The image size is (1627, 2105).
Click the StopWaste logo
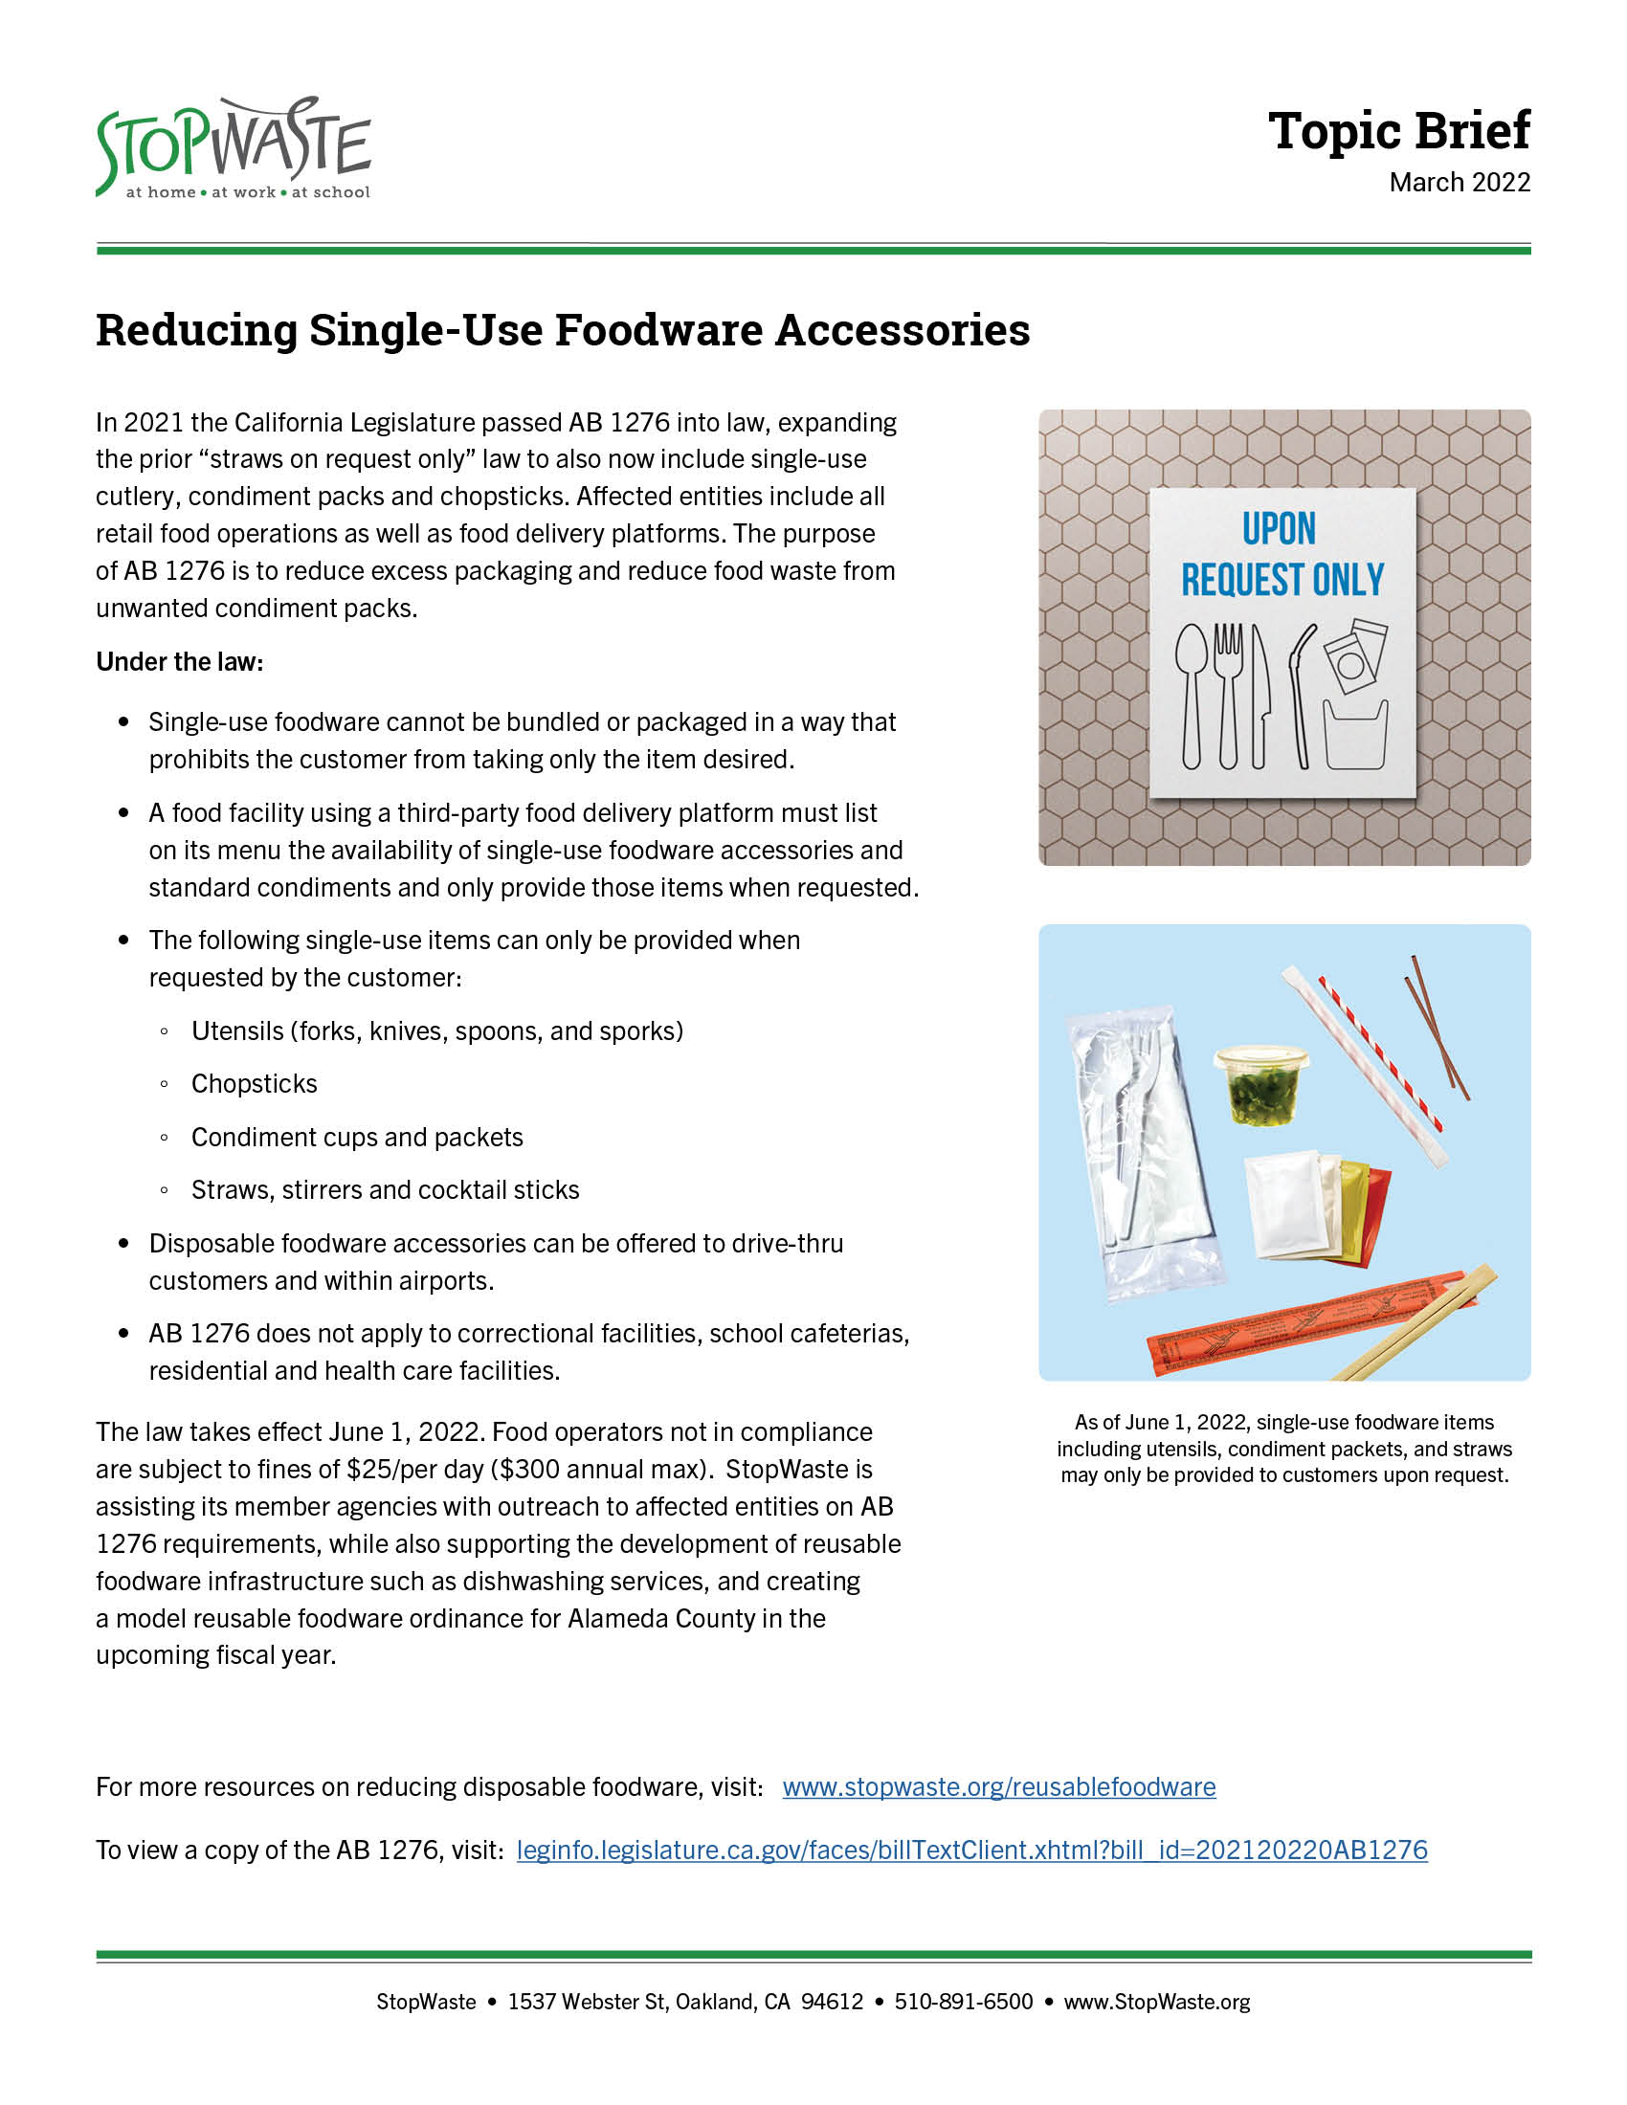point(234,148)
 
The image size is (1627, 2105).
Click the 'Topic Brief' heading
point(1397,131)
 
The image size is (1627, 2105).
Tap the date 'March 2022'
point(1460,182)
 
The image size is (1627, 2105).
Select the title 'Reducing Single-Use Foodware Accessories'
point(563,330)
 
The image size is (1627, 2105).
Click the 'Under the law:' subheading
point(179,662)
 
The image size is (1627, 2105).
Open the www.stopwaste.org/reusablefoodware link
point(998,1787)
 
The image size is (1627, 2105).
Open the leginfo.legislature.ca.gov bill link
point(971,1850)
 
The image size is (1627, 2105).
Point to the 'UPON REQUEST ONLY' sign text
point(1281,555)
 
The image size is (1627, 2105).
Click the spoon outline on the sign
point(1192,694)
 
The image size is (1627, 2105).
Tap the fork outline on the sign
point(1228,694)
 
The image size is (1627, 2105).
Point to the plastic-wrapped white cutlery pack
point(1142,1152)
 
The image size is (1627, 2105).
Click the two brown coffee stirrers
point(1437,1027)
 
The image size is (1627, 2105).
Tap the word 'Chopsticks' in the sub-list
point(255,1084)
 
